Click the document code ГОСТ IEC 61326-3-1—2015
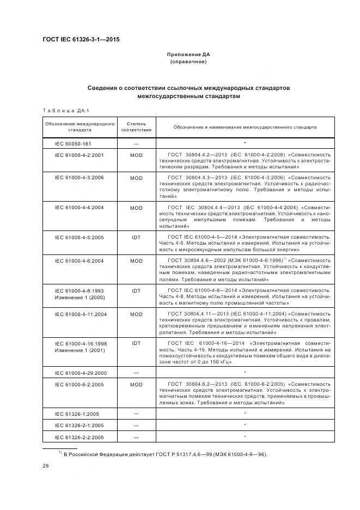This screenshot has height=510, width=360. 81,40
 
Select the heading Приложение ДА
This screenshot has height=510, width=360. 188,54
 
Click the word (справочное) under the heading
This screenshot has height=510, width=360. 188,62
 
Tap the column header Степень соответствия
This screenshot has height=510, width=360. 136,127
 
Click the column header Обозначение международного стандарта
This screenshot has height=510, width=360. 80,127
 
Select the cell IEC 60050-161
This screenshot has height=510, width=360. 73,143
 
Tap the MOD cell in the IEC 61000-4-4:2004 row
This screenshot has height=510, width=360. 136,208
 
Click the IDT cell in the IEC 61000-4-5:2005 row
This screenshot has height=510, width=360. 136,238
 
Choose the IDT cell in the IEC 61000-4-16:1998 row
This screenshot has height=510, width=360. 136,343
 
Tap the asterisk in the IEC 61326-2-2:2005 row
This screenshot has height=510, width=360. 245,436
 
